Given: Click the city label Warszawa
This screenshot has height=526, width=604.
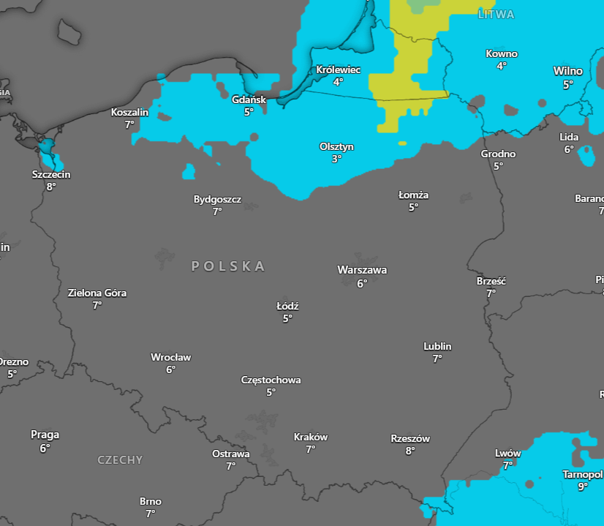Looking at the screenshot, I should [x=362, y=270].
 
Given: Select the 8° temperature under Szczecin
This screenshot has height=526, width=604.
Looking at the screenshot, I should [x=50, y=187].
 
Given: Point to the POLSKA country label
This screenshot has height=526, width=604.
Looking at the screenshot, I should [x=228, y=266].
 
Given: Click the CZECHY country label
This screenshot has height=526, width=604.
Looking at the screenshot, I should [x=120, y=460].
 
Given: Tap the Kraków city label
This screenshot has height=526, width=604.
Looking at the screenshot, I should [x=310, y=437].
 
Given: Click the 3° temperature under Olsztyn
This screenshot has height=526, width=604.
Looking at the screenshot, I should [x=336, y=159].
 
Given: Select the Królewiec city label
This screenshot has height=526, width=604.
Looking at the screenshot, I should [x=338, y=69].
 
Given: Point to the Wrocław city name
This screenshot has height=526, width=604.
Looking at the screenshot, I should [x=170, y=357].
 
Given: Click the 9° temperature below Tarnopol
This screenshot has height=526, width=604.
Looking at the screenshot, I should [x=582, y=486].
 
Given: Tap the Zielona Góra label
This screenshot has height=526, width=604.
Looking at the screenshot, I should [x=97, y=293].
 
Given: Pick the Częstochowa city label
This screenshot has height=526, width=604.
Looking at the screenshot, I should [x=271, y=380].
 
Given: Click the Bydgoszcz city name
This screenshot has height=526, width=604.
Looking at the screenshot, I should [x=217, y=199].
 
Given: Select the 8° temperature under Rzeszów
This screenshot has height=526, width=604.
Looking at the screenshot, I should [x=409, y=451].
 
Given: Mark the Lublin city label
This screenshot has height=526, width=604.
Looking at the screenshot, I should [x=437, y=346].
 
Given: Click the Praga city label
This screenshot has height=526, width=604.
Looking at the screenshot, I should [x=45, y=435].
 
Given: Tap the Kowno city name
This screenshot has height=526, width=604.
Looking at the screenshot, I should [x=501, y=53].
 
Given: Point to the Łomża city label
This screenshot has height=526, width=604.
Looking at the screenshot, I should [x=413, y=195].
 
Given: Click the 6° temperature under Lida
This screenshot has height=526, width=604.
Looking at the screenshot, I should [x=568, y=149].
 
